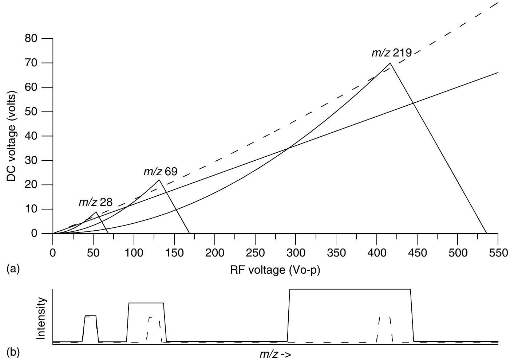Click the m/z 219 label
coord(391,53)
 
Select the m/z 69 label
coord(160,172)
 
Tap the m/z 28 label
coord(95,203)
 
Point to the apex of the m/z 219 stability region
coord(390,63)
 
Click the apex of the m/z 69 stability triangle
coord(159,180)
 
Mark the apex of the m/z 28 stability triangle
coord(96,212)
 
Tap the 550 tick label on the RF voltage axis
coord(498,253)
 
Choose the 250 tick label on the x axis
coord(255,253)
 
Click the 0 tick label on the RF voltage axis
coord(53,253)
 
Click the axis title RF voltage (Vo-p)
coord(275,270)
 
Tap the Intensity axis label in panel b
coord(41,318)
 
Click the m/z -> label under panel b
coord(275,354)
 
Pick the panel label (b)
coord(13,353)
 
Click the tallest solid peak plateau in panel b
coord(349,289)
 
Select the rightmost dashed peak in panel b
coord(384,328)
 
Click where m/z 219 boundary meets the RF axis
coord(487,233)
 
